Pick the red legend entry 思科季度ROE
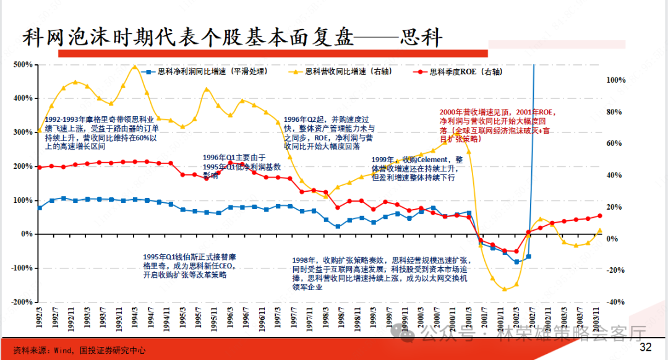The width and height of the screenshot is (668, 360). [x=461, y=72]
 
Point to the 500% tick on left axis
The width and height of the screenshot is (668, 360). [x=23, y=64]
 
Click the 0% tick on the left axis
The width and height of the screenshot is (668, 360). [x=27, y=234]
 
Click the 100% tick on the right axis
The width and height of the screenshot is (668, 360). [x=616, y=80]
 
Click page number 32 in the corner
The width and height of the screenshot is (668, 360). [x=645, y=347]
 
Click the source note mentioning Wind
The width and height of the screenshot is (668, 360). [x=80, y=350]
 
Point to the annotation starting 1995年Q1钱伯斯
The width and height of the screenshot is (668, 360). [x=189, y=265]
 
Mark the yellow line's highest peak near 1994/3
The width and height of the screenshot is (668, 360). [x=134, y=66]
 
